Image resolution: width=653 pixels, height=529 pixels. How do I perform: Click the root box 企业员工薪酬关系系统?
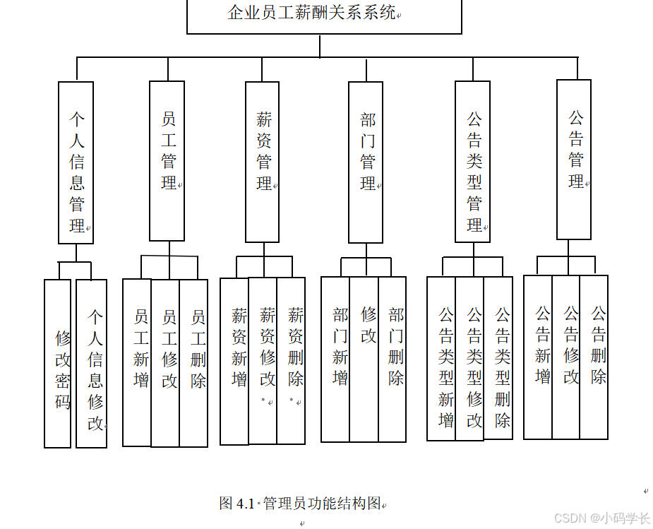324,16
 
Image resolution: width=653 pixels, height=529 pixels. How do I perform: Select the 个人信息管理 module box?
76,163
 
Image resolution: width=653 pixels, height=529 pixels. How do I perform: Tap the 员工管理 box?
167,161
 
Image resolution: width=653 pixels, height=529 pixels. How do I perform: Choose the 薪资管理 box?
263,162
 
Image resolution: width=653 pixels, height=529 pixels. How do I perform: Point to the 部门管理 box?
366,162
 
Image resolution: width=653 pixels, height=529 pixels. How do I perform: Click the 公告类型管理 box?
473,162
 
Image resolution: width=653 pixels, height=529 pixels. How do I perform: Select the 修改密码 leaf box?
58,364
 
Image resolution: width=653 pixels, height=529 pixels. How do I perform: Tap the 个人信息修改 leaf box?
92,364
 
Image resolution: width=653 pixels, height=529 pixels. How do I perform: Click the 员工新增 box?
137,363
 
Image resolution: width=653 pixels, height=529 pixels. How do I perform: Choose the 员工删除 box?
193,363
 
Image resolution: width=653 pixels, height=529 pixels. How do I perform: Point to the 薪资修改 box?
263,361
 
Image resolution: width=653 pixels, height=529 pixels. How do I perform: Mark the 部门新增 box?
335,359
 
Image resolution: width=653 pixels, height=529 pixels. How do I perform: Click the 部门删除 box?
393,359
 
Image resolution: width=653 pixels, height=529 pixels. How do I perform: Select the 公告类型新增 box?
441,358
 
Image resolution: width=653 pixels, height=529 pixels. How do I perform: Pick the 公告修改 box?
566,357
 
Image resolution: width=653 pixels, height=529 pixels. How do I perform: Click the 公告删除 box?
594,357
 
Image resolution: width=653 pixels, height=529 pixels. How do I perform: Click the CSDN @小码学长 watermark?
601,518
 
